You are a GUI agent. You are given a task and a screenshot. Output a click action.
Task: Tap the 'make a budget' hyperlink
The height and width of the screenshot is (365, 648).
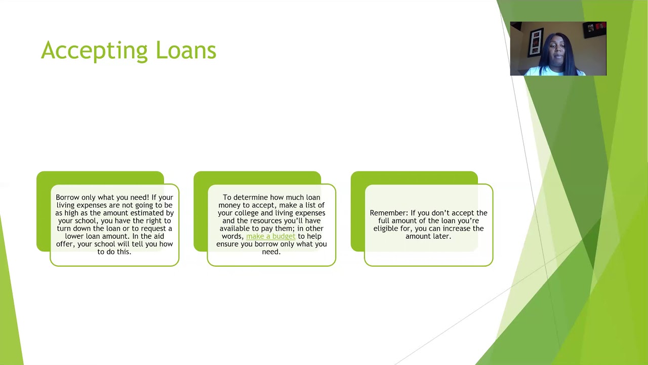(x=270, y=236)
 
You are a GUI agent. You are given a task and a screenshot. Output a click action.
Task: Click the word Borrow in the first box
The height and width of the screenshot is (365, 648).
(x=67, y=197)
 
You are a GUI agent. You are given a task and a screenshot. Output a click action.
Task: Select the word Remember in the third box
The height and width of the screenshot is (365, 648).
(x=388, y=213)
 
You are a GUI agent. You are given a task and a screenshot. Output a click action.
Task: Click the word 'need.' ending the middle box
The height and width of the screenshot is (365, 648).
(x=271, y=251)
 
